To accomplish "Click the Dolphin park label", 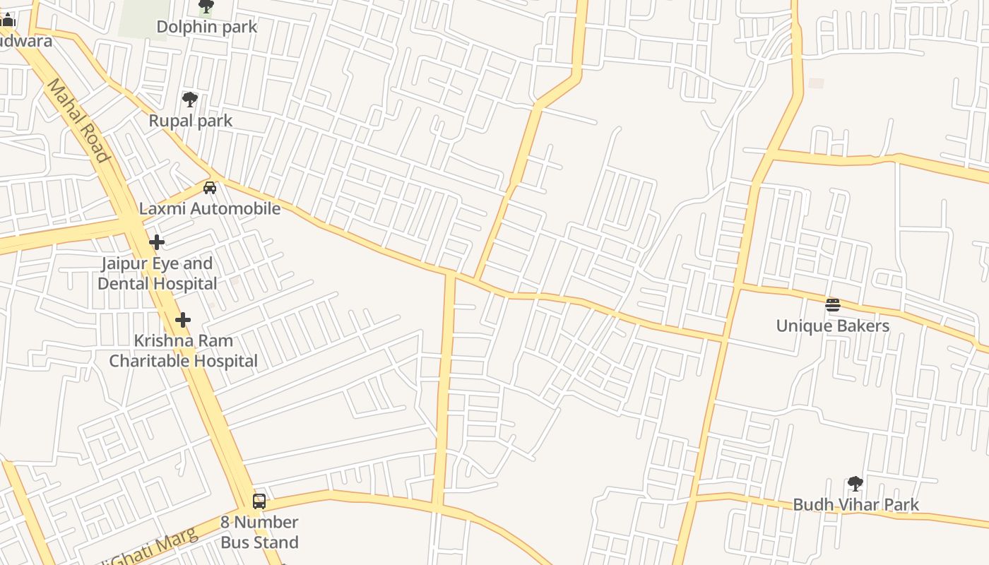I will click(x=206, y=27).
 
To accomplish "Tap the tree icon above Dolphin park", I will click(x=206, y=7).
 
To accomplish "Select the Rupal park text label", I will click(x=190, y=121).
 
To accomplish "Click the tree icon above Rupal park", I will click(x=189, y=100).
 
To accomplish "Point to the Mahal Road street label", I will click(x=78, y=121).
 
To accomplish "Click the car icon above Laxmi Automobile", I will click(x=210, y=188).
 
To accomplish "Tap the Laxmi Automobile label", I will click(x=209, y=208).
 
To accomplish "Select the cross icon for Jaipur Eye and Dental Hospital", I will click(x=157, y=242).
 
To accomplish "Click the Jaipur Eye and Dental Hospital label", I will click(x=158, y=273).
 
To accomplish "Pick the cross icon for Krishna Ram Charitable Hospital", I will click(x=183, y=320).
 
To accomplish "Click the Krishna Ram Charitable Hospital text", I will click(x=183, y=350).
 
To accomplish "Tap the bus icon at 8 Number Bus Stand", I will click(x=259, y=501).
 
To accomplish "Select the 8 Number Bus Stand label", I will click(x=259, y=532).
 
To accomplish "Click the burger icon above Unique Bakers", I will click(x=833, y=305).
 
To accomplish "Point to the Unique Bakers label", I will click(x=833, y=326).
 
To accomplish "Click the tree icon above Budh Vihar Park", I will click(x=855, y=484).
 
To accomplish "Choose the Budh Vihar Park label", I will click(x=855, y=504).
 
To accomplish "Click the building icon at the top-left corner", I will click(x=8, y=20).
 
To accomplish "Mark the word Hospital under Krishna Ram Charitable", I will click(x=225, y=361).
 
